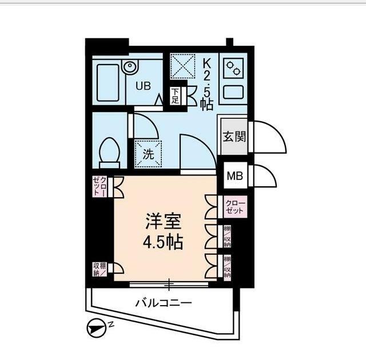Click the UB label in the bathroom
tap(144, 86)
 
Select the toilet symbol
tap(109, 152)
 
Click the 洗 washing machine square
tap(148, 153)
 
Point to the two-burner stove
tap(233, 70)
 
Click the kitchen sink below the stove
tap(233, 93)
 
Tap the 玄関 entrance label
tap(234, 137)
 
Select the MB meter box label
tap(234, 176)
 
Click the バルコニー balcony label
tap(163, 303)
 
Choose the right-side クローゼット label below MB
tap(234, 207)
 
